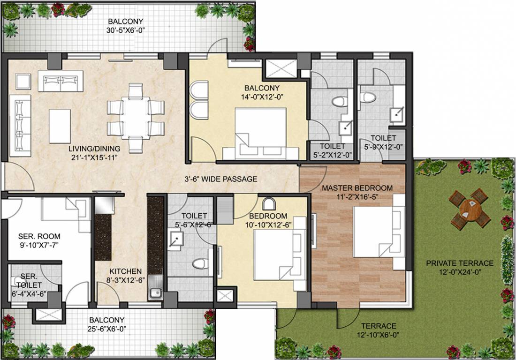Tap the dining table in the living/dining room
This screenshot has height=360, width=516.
pos(135,118)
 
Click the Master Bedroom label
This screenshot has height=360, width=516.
pos(357,188)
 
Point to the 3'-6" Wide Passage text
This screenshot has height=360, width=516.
pos(220,179)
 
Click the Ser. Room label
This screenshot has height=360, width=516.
pos(39,236)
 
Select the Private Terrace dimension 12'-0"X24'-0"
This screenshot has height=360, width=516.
pos(460,272)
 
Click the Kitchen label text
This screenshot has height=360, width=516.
pos(125,271)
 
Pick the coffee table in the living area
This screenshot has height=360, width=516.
pos(60,126)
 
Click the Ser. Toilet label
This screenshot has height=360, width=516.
pos(29,280)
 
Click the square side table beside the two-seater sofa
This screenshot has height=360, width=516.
pos(23,81)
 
